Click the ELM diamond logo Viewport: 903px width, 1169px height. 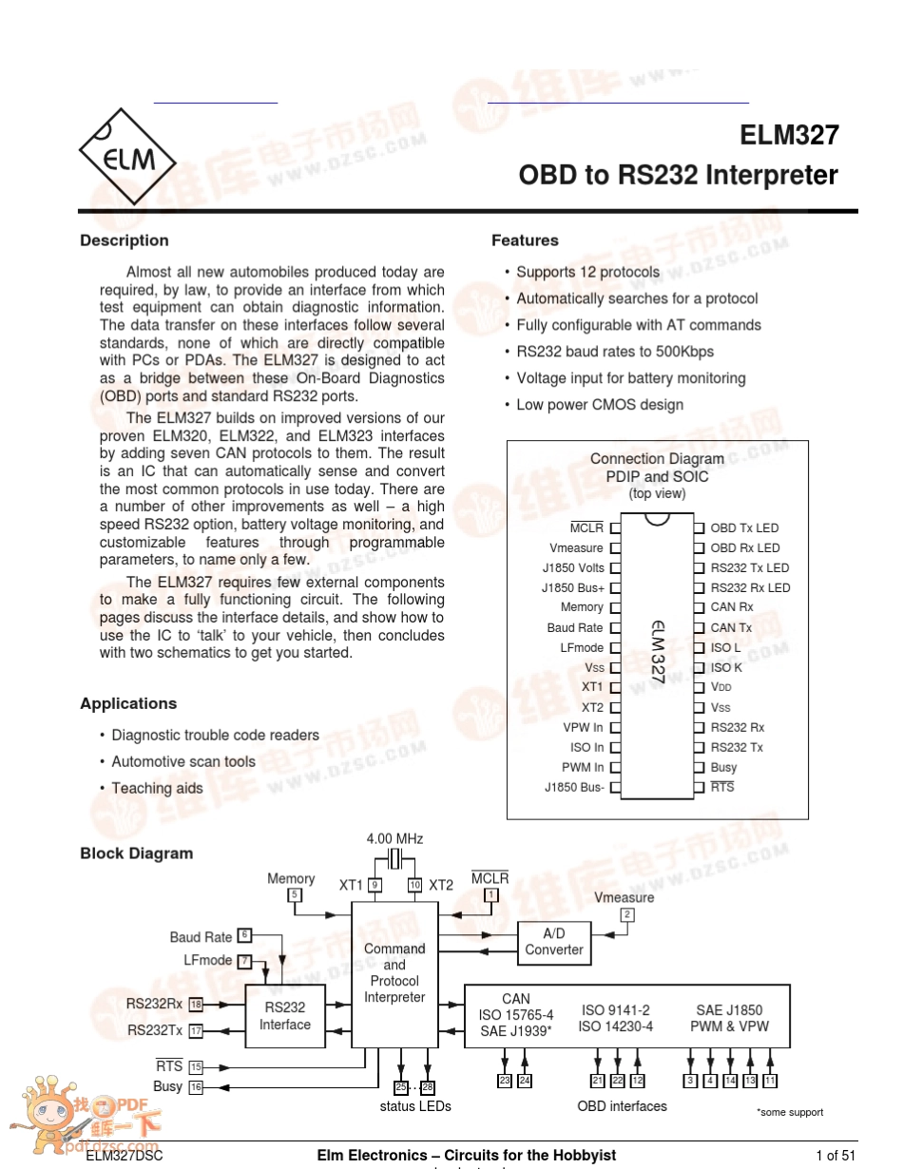(127, 157)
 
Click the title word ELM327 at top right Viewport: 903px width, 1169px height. (789, 135)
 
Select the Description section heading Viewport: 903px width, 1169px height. (125, 240)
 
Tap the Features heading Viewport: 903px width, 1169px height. (525, 240)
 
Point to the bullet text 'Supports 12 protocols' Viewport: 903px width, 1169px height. (587, 272)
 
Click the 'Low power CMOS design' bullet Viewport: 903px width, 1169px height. (600, 405)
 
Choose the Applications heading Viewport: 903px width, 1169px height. (128, 703)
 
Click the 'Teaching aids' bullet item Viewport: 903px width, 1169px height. (157, 788)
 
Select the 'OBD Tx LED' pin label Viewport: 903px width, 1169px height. (744, 528)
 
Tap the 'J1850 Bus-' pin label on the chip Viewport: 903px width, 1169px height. (574, 788)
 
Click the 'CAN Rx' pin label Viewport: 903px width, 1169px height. (732, 607)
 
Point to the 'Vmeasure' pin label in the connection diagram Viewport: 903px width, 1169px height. (576, 548)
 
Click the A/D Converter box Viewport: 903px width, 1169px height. (554, 942)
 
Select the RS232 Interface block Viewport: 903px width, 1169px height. (285, 1016)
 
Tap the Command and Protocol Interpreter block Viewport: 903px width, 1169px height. (394, 973)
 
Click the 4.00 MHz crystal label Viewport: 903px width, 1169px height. (394, 839)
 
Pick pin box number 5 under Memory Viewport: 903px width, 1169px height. (295, 895)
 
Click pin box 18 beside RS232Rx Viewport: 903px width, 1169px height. (197, 1005)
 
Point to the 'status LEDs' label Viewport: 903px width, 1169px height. (415, 1106)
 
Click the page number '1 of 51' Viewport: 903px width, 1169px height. (836, 1156)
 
